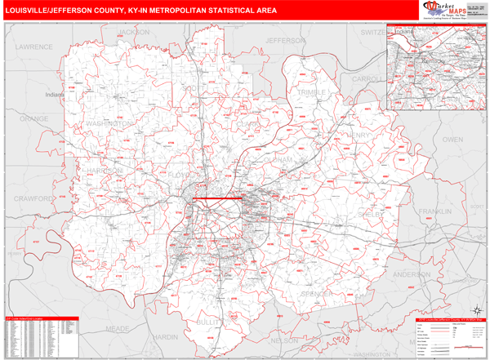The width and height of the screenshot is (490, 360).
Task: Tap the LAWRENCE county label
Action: [x=33, y=47]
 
